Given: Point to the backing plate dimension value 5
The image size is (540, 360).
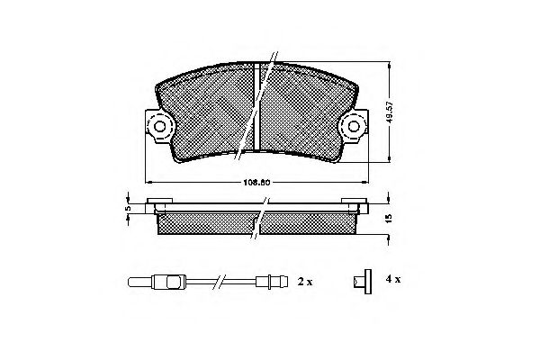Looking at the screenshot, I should point(128,208).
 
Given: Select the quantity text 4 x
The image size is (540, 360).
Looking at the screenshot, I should point(392,281).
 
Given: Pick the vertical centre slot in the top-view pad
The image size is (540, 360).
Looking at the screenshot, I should point(257,103).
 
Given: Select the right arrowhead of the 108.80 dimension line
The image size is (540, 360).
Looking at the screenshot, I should point(368,183).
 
